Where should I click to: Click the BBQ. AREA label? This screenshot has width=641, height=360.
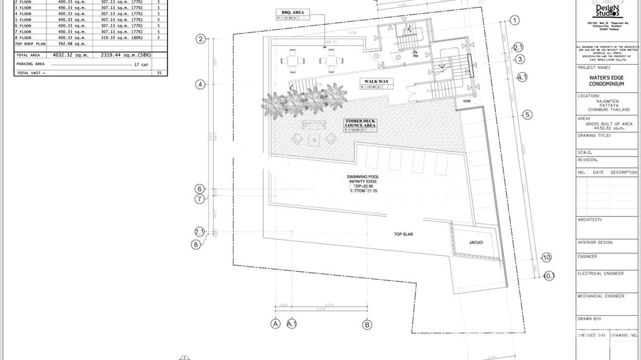point(293,12)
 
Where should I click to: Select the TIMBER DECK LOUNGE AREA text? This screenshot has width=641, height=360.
point(361,123)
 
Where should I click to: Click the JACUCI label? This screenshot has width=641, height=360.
point(476,243)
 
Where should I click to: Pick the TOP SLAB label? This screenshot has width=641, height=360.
point(403,234)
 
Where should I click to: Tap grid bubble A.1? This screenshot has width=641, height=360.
point(292,324)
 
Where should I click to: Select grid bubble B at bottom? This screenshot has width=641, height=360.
point(367,324)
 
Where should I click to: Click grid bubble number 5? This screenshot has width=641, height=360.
point(527,115)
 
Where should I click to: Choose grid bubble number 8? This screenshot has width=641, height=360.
point(195,244)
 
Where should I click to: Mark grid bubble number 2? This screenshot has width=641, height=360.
point(201,39)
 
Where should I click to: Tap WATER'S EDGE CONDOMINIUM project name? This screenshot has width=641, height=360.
point(606,81)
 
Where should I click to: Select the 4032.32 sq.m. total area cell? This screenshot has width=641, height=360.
point(71,55)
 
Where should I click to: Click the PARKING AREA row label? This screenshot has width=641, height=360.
point(31,64)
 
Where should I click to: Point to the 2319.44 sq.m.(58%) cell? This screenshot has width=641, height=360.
point(126,55)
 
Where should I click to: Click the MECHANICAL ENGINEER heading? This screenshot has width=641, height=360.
point(601,296)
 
